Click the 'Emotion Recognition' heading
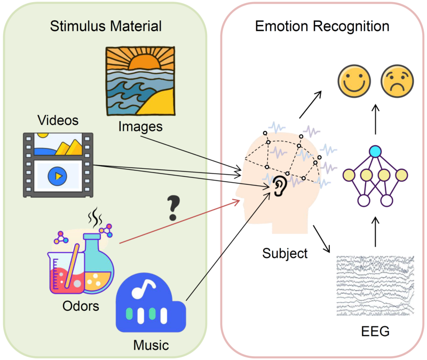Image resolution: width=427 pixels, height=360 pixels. click(322, 26)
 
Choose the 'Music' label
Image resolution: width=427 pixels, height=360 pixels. click(151, 345)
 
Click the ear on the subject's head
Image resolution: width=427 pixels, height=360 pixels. click(279, 186)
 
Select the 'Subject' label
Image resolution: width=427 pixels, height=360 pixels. click(285, 254)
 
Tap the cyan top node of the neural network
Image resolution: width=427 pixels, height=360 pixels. click(375, 152)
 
